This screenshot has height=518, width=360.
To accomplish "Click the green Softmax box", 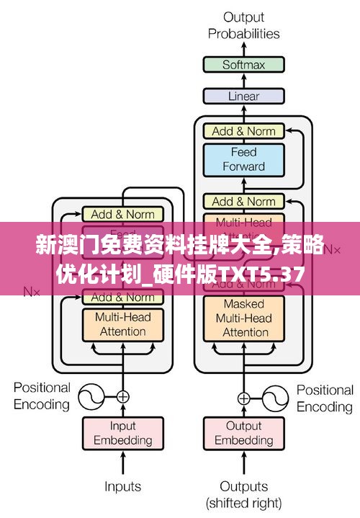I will (x=243, y=64).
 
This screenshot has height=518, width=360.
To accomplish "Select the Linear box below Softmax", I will (x=243, y=95).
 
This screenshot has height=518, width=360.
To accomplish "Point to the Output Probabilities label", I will (x=243, y=25).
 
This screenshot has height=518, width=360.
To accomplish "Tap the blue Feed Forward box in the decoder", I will (x=243, y=159).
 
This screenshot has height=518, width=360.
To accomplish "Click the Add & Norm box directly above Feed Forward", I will (x=243, y=131).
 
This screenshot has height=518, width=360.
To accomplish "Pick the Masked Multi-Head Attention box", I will (x=243, y=318).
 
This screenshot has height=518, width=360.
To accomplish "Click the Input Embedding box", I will (x=122, y=433).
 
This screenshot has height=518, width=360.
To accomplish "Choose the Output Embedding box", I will (x=243, y=433).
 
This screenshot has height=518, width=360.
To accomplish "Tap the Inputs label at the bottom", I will (x=122, y=487).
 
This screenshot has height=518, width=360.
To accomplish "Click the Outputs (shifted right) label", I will (x=243, y=494).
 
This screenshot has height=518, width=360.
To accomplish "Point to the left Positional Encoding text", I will (x=42, y=396).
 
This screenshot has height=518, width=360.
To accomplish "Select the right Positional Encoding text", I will (x=325, y=398).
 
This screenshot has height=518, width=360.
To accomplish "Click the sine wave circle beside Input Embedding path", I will (x=91, y=396).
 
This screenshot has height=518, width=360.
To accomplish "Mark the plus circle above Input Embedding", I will (x=122, y=396).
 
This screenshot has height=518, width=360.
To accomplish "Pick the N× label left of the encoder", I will (x=31, y=292).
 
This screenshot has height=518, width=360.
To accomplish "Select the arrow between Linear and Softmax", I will (x=243, y=80).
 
